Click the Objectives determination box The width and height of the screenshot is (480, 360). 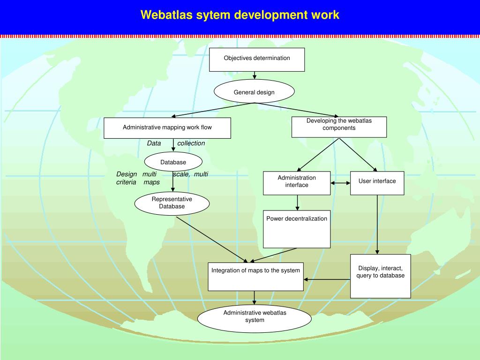pos(257,60)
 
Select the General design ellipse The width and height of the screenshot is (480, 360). pos(254,92)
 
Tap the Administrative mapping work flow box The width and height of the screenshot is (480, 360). pos(167,128)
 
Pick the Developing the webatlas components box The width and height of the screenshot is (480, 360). pos(339,127)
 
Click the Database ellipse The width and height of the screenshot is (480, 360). pos(173,162)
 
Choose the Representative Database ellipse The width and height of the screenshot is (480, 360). pos(172,203)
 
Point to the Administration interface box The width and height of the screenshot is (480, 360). pos(297,183)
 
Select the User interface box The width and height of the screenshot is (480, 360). pos(377,183)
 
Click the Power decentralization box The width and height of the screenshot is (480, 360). pos(297,229)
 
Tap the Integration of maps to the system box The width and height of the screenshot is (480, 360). pos(255,277)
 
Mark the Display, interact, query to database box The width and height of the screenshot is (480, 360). pos(380,276)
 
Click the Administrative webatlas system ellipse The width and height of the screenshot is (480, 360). pos(255,319)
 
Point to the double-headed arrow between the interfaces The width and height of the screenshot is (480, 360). pos(340,183)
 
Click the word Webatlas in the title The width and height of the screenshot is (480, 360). pos(163,15)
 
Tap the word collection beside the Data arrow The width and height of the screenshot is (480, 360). pos(191,143)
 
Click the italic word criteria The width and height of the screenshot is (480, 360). pos(126,182)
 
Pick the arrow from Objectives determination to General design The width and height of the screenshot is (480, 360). pos(255,75)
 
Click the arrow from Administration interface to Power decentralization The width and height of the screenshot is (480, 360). pos(297,202)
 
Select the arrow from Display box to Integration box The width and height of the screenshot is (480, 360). pos(327,279)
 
